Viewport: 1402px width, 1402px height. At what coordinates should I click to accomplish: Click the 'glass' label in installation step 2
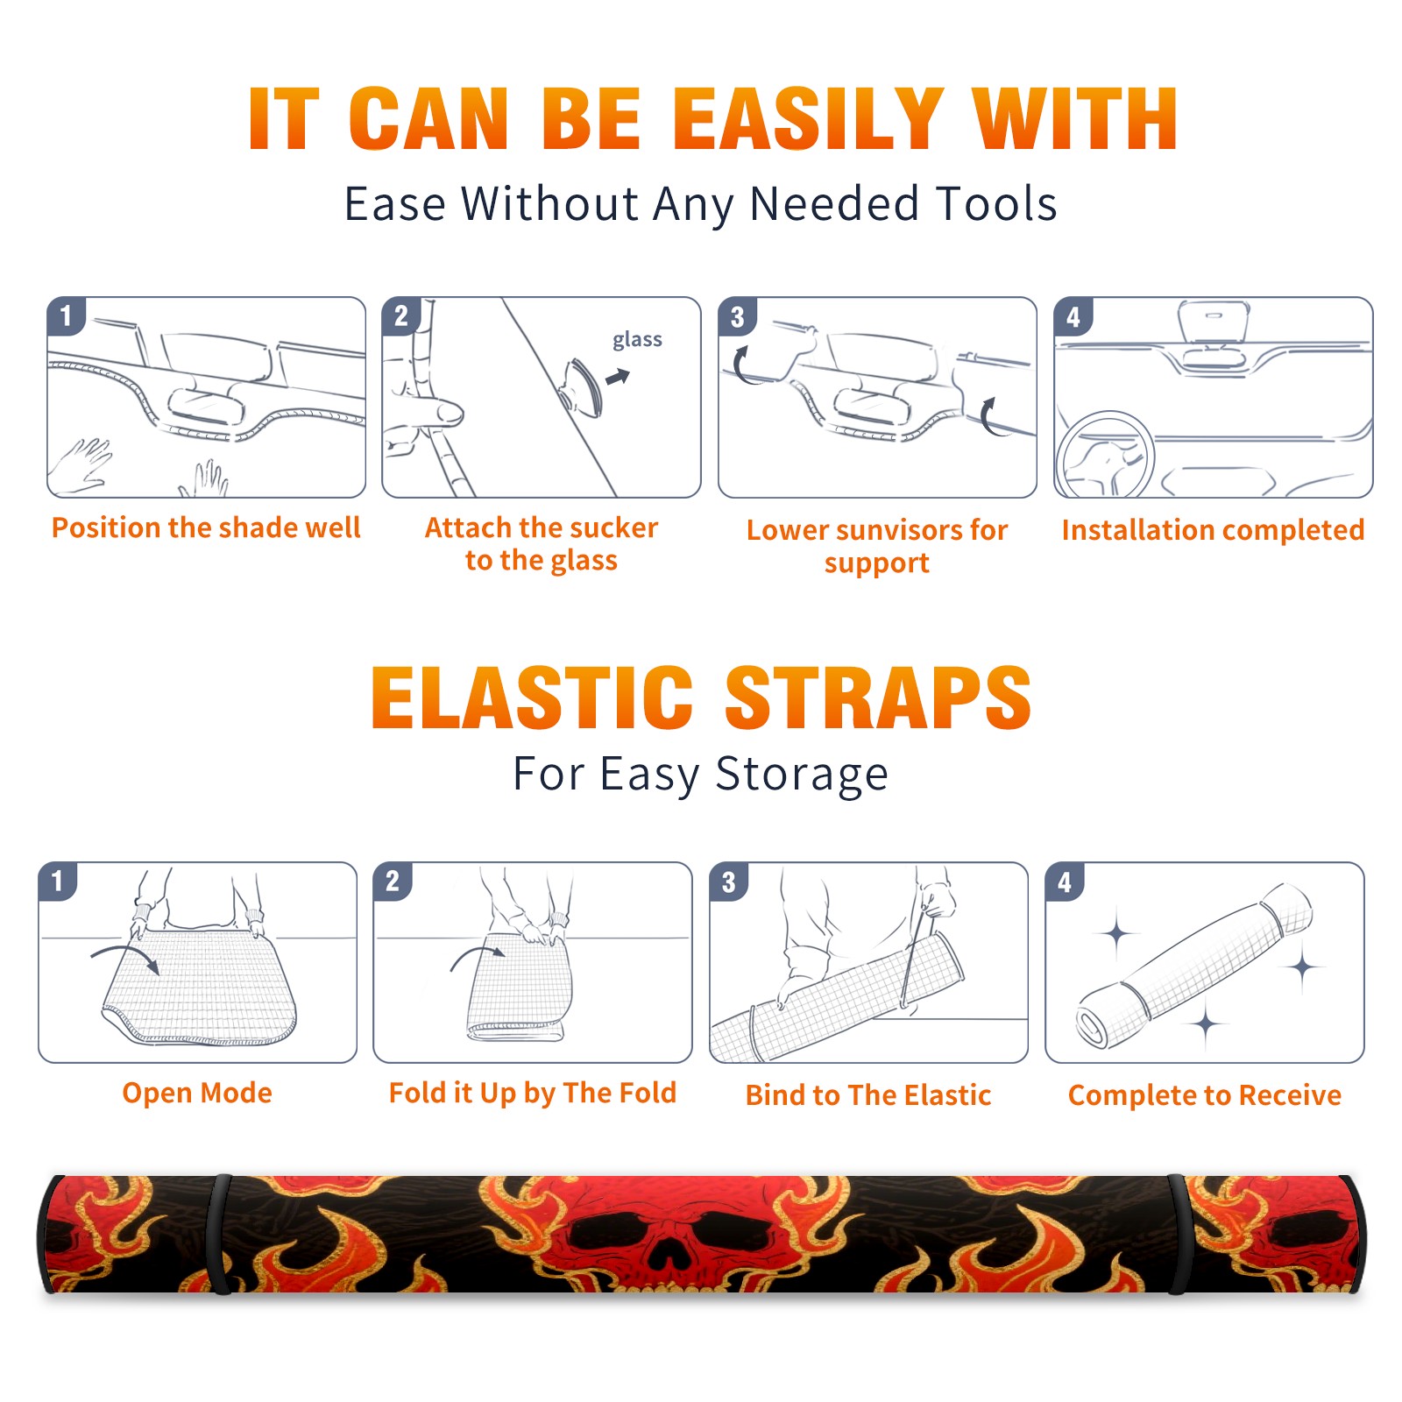pos(637,340)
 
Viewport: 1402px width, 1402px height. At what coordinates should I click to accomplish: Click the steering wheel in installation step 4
pos(1104,456)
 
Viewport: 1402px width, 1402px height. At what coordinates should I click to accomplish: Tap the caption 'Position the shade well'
pos(206,528)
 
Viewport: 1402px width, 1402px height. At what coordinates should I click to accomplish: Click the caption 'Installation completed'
pos(1213,529)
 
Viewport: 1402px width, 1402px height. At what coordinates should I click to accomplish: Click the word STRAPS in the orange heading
pos(878,697)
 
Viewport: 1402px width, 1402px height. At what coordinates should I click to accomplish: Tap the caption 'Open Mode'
pos(197,1093)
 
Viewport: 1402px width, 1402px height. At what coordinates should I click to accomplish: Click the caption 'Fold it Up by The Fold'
pos(533,1093)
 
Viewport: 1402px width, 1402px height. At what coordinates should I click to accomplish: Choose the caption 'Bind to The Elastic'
pos(867,1094)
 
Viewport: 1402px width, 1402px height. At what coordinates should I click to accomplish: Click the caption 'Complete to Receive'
pos(1205,1094)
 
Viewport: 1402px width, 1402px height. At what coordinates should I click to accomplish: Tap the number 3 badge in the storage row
pos(729,882)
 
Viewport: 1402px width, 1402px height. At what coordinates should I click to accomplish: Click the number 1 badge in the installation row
pos(67,315)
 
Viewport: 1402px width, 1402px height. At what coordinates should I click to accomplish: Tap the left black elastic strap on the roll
pos(221,1234)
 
